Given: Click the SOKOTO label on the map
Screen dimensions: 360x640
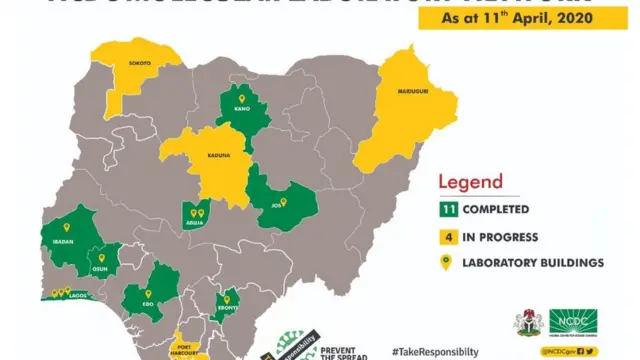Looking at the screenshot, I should coord(139,63).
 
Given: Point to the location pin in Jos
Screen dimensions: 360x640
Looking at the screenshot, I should coord(283,202).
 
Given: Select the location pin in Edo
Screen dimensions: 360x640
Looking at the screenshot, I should coord(148,294).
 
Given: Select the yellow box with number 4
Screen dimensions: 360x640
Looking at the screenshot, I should coord(450,237).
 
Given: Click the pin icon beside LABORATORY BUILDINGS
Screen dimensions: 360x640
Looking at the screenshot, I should coord(450,264).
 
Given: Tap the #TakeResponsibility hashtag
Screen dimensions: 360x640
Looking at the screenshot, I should coord(434,352).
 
